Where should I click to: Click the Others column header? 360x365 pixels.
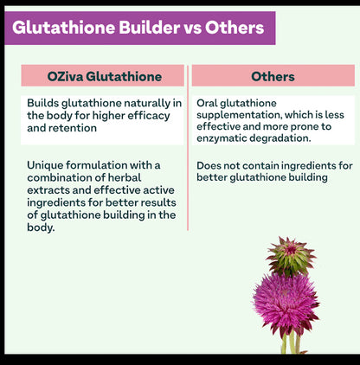273,77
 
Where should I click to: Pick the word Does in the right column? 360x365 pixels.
211,165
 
